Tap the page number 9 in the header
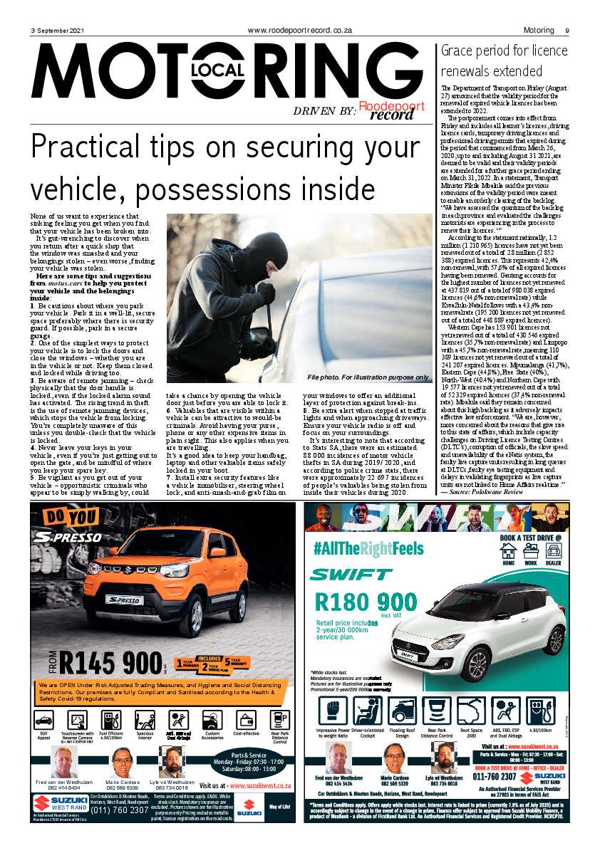567,31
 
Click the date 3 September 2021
57,31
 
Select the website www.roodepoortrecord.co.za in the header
300,31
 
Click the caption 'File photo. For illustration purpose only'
368,377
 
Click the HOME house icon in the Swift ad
509,551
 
